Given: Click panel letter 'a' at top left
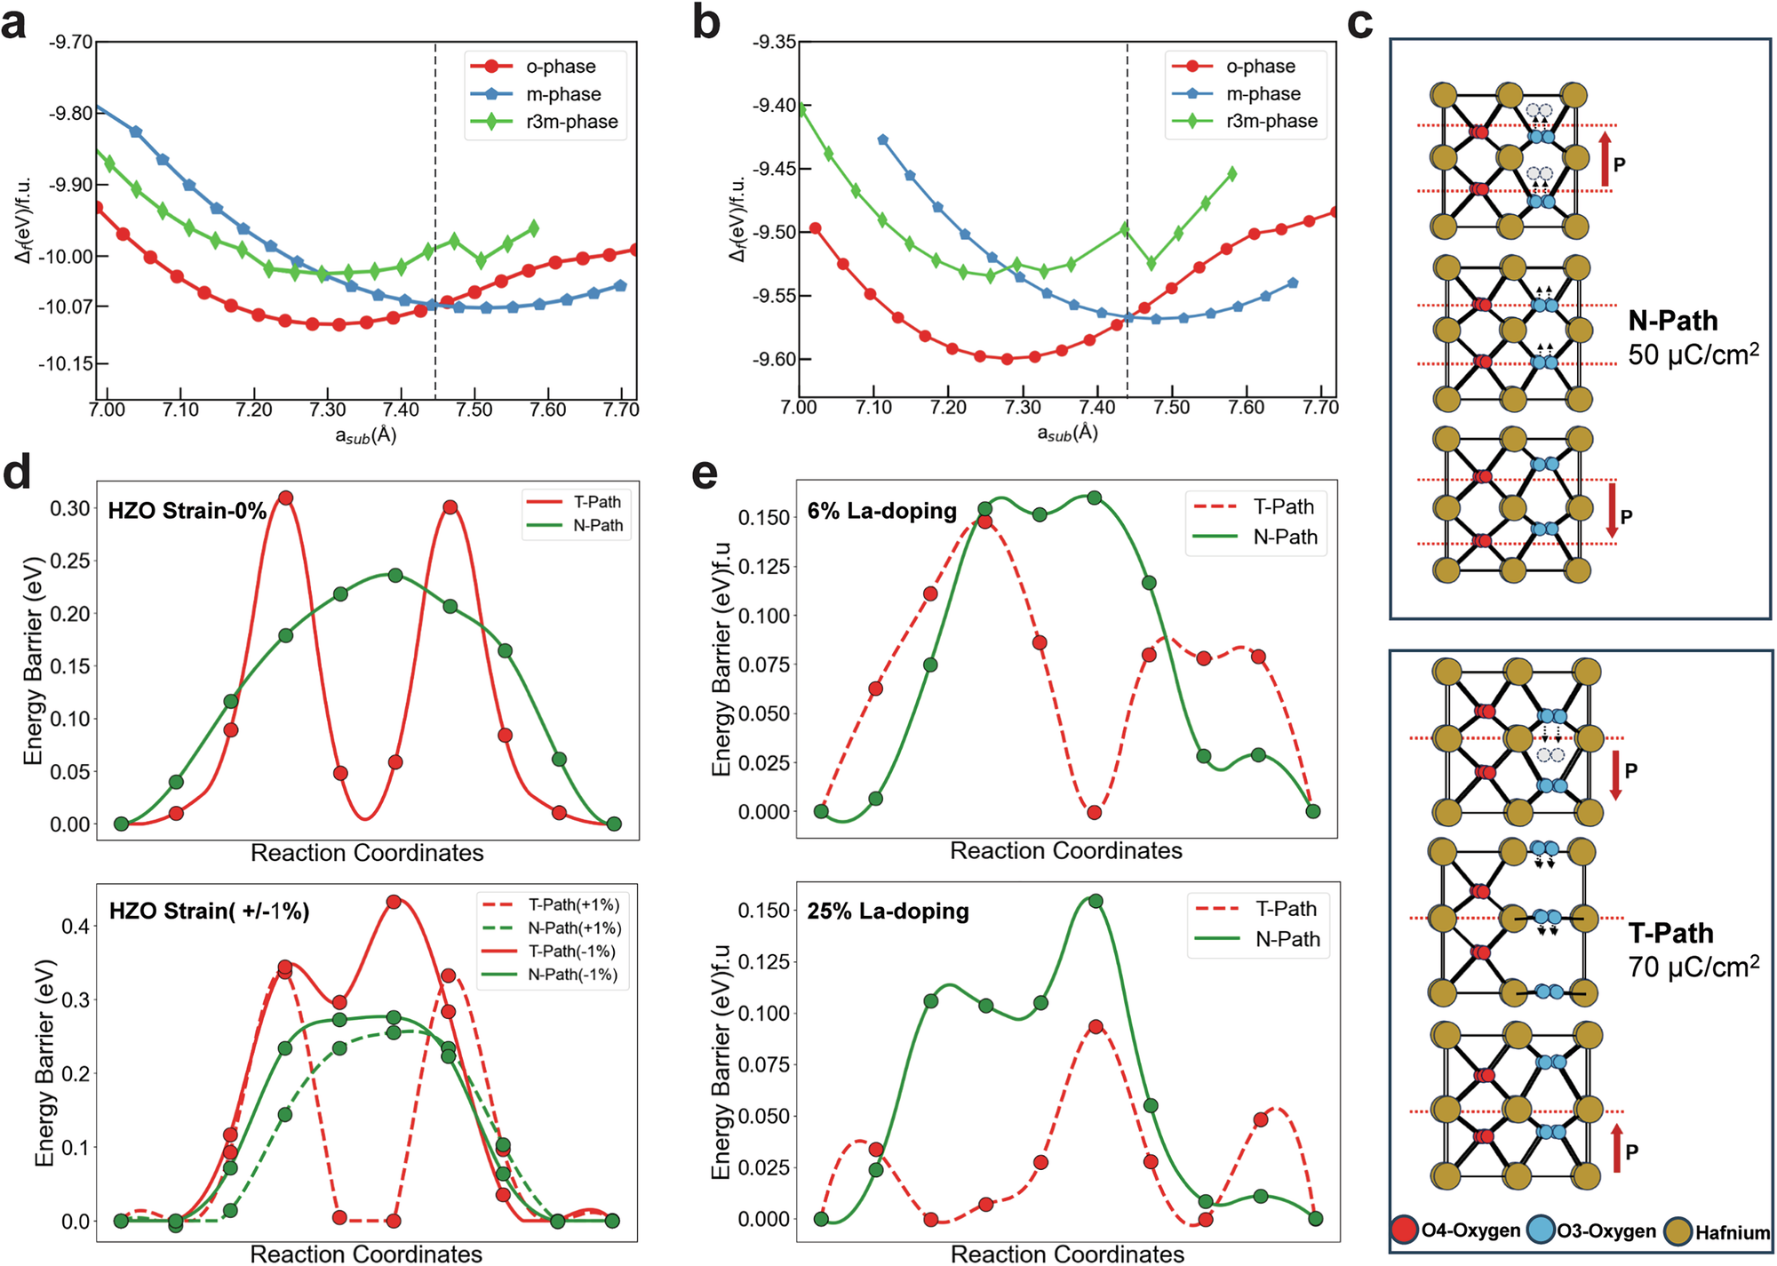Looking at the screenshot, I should click(x=14, y=24).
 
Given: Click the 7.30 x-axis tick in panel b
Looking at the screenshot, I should click(x=1023, y=408).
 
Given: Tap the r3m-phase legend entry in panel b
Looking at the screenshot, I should click(x=1271, y=121).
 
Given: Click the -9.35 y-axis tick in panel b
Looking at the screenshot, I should click(x=774, y=42).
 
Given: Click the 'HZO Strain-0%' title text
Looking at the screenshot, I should click(x=187, y=511).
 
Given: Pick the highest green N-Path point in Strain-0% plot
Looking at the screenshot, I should click(x=395, y=575).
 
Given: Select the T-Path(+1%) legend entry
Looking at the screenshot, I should click(x=574, y=904).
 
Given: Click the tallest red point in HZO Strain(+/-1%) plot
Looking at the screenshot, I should click(x=394, y=902).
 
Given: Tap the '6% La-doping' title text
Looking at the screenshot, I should click(x=881, y=511).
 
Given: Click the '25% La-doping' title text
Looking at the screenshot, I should click(x=888, y=912).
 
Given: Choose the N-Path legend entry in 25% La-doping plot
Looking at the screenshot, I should click(x=1287, y=939).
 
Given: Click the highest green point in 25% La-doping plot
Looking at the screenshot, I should click(x=1096, y=901).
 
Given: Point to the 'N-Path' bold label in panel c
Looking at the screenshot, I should click(x=1672, y=321).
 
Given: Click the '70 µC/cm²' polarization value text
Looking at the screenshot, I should click(x=1693, y=967).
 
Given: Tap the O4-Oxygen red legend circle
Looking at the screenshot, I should click(x=1405, y=1230).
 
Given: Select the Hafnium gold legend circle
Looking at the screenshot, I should click(x=1677, y=1231).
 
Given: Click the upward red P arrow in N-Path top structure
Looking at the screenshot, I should click(x=1605, y=160).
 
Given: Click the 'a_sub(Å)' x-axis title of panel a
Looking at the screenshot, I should click(x=365, y=435).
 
